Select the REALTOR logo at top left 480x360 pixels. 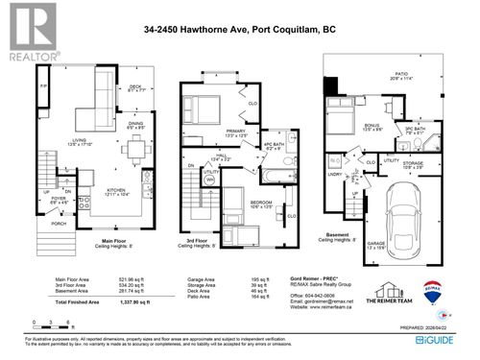coord(29,30)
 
